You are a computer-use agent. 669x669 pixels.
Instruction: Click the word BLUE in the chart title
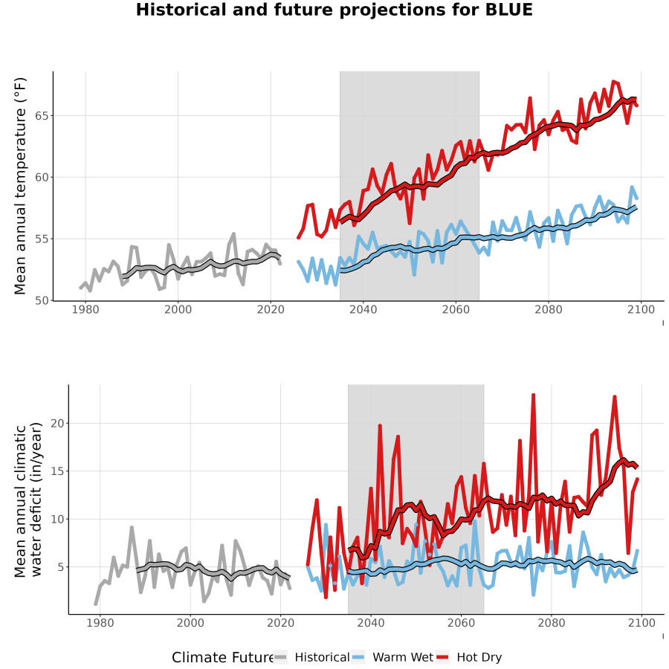pos(509,10)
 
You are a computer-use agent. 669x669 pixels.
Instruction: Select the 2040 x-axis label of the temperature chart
pos(363,309)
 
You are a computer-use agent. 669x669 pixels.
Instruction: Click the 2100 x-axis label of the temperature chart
pos(641,309)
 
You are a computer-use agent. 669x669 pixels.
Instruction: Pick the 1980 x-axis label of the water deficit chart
pos(100,623)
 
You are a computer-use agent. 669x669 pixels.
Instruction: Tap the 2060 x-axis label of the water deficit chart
pos(461,623)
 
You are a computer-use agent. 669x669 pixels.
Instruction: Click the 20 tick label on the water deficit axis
pos(57,423)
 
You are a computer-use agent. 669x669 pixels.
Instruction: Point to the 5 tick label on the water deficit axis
pos(61,567)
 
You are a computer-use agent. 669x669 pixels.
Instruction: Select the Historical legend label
pos(322,657)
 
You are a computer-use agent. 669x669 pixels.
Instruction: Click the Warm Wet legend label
pos(403,657)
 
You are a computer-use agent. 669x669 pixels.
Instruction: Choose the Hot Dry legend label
pos(479,657)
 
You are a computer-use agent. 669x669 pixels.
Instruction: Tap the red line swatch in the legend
pos(442,657)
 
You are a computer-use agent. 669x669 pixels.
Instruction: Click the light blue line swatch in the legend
pos(359,657)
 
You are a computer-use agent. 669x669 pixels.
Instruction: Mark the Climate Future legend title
pos(223,657)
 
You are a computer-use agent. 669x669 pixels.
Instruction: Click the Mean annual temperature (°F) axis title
pos(20,186)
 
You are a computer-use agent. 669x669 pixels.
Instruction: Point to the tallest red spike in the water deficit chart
pos(533,395)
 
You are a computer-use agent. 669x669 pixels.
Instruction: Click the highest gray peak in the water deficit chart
pos(132,528)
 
